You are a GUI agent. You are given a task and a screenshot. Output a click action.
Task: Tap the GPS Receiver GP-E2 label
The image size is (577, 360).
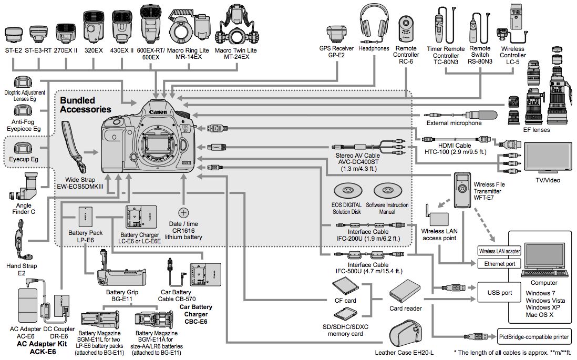pos(336,52)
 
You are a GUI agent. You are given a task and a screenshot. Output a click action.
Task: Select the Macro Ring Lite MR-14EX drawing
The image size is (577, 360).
pos(188,26)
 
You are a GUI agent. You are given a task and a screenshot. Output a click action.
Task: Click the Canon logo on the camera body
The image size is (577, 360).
pos(158,111)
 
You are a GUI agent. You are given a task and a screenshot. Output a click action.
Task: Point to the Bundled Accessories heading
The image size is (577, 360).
pos(85,105)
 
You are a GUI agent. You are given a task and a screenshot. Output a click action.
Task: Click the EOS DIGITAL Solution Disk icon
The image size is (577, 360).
pos(347,191)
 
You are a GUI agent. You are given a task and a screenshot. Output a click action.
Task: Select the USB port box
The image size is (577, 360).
pos(500,293)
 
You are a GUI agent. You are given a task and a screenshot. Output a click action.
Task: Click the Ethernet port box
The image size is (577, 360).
pos(499,263)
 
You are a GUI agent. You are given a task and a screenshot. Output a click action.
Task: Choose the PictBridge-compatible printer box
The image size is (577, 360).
pos(533,336)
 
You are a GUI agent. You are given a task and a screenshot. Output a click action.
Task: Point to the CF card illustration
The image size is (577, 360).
pos(345,287)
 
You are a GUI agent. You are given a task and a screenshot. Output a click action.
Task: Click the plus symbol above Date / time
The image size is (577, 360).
pos(183,212)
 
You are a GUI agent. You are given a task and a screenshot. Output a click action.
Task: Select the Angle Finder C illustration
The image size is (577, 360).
pos(25,187)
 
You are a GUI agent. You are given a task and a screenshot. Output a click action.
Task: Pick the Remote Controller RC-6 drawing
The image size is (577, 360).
pos(406,29)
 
